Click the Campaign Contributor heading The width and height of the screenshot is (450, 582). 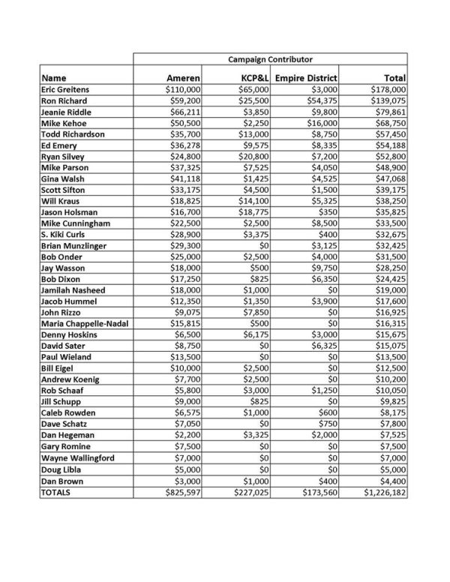(x=270, y=58)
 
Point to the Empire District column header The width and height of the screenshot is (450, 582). (x=306, y=77)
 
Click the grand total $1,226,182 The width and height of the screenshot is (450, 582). (x=382, y=492)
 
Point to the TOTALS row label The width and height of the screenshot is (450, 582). (x=56, y=492)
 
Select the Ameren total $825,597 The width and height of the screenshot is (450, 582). (x=175, y=492)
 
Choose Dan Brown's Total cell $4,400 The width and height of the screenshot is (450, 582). (x=391, y=481)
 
